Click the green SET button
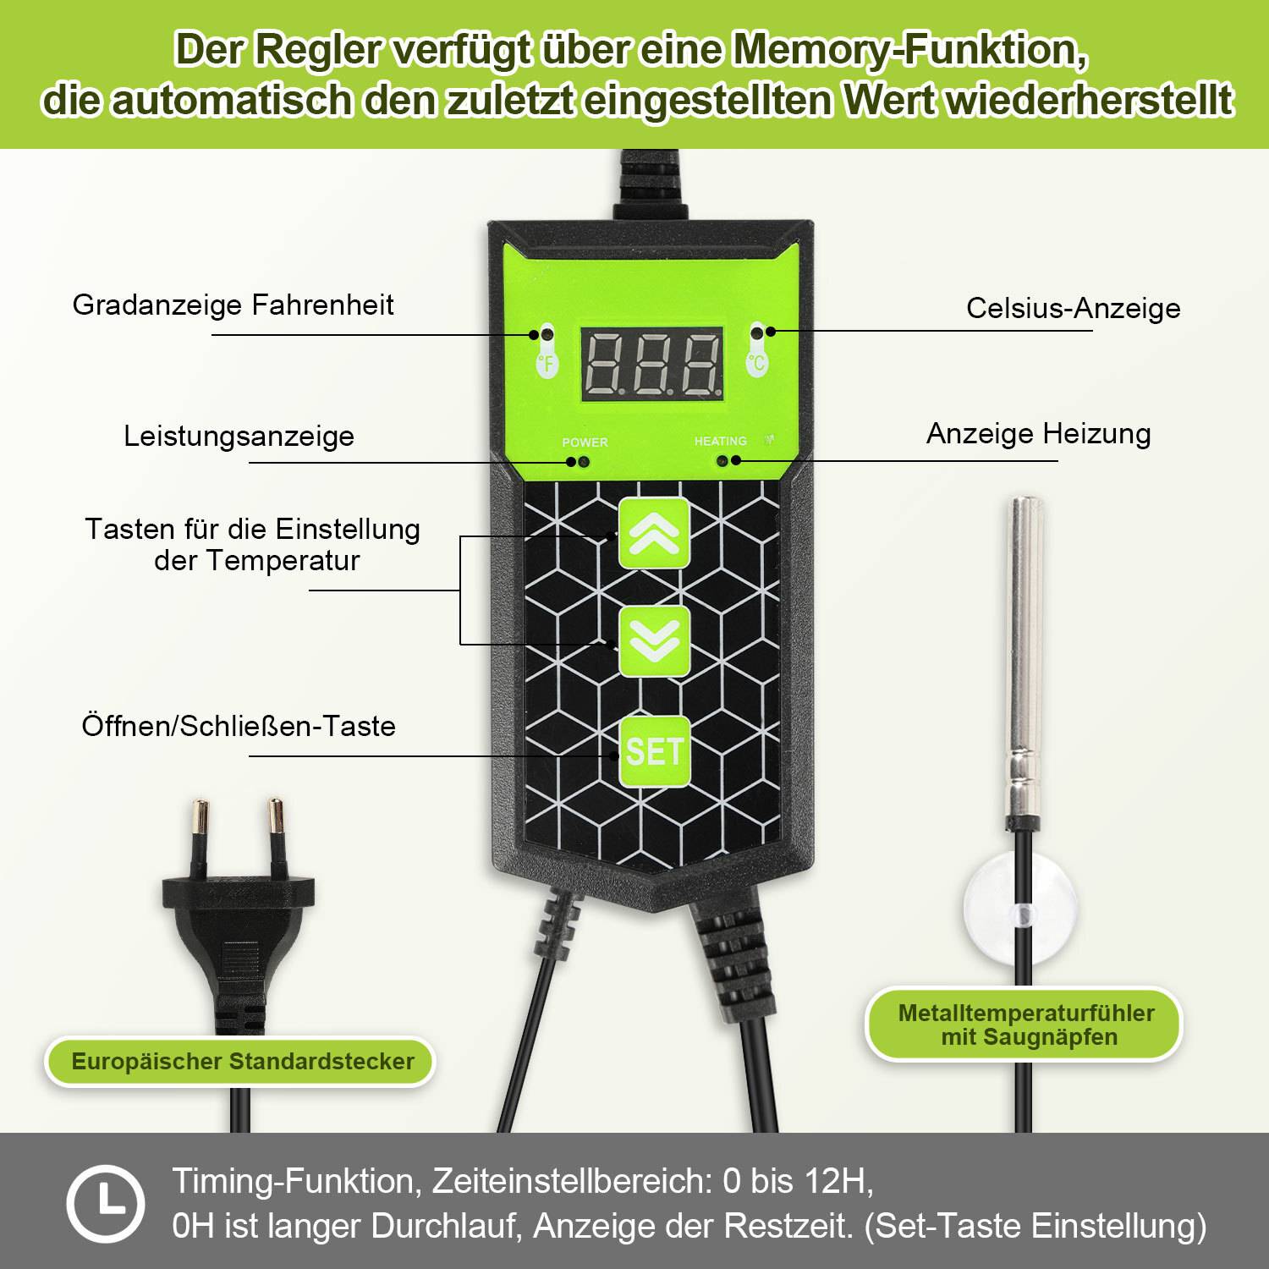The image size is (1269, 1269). [x=654, y=751]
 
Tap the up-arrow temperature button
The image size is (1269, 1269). [x=654, y=533]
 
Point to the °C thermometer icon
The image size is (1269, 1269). [x=756, y=349]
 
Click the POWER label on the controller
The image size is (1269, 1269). [x=585, y=442]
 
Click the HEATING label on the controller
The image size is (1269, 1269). [x=720, y=441]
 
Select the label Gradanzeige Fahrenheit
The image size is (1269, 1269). [x=233, y=305]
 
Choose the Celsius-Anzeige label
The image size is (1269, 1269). [x=1073, y=308]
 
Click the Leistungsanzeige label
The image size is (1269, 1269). [x=239, y=436]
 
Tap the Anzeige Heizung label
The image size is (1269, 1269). [x=1038, y=433]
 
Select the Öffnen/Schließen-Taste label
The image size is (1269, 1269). [x=239, y=726]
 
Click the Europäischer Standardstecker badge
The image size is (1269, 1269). [x=242, y=1061]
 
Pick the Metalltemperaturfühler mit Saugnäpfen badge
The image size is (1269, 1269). [x=1025, y=1025]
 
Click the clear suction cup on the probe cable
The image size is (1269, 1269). [x=1021, y=911]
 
